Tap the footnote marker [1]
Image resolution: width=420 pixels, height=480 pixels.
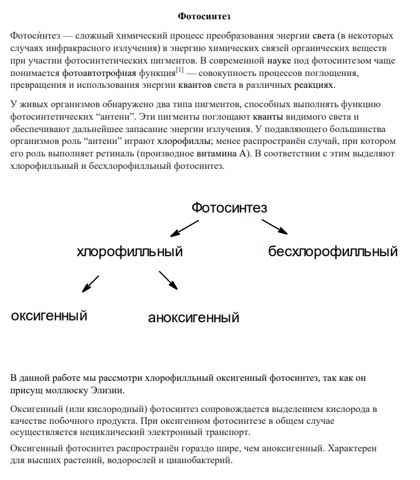179,70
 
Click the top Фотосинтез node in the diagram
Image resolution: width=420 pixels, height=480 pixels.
229,207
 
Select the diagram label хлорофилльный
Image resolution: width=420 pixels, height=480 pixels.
130,252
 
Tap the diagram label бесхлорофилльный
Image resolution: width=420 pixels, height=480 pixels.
333,252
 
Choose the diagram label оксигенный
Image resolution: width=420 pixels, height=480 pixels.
49,315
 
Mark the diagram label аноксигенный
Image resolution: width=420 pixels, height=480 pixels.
194,318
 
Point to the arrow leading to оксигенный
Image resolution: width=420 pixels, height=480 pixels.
91,284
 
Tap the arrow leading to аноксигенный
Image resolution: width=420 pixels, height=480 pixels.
168,280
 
